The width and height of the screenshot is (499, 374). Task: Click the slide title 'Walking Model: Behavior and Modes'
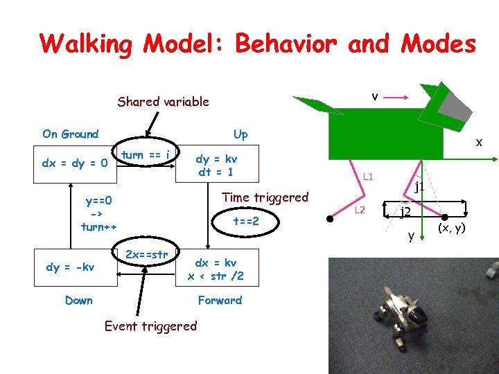tap(258, 44)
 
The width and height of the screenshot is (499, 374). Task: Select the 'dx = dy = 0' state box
tap(75, 164)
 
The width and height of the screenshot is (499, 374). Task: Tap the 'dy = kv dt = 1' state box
tap(216, 165)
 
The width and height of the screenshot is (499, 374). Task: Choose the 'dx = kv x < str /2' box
tap(216, 269)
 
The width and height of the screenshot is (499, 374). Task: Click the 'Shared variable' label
tap(163, 102)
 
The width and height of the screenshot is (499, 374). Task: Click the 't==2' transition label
tap(245, 222)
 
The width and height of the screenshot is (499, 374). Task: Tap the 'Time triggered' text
tap(265, 197)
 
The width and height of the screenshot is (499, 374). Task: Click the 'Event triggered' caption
tap(150, 326)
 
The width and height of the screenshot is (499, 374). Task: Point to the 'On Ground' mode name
tap(70, 134)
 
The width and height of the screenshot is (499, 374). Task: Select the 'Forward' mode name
tap(220, 300)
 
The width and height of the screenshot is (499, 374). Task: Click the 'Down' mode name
tap(78, 300)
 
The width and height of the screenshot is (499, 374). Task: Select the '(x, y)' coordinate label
tap(450, 228)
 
